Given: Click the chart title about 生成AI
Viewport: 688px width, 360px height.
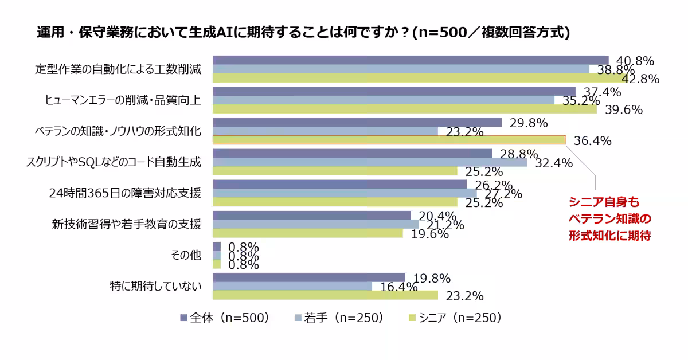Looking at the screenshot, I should pyautogui.click(x=303, y=33).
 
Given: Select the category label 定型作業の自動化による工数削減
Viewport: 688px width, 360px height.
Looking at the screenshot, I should pyautogui.click(x=118, y=69).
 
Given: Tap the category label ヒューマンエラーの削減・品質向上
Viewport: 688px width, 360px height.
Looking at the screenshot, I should pyautogui.click(x=123, y=100).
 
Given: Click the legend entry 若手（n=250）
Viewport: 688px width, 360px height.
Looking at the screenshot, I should pyautogui.click(x=338, y=318).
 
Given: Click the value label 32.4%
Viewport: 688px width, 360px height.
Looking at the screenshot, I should pyautogui.click(x=554, y=163).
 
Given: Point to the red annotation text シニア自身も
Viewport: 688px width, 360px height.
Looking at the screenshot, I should pyautogui.click(x=603, y=202).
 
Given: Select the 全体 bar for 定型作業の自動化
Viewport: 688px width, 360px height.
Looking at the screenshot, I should pyautogui.click(x=410, y=60).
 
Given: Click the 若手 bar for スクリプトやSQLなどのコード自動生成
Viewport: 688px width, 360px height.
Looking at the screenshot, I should pyautogui.click(x=370, y=162).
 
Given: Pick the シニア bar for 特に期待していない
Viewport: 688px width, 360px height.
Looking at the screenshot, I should pyautogui.click(x=325, y=295).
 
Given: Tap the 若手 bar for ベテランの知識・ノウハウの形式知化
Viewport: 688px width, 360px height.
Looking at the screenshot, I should pyautogui.click(x=325, y=131).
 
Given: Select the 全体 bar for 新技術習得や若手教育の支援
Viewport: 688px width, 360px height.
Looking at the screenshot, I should pyautogui.click(x=312, y=215).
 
